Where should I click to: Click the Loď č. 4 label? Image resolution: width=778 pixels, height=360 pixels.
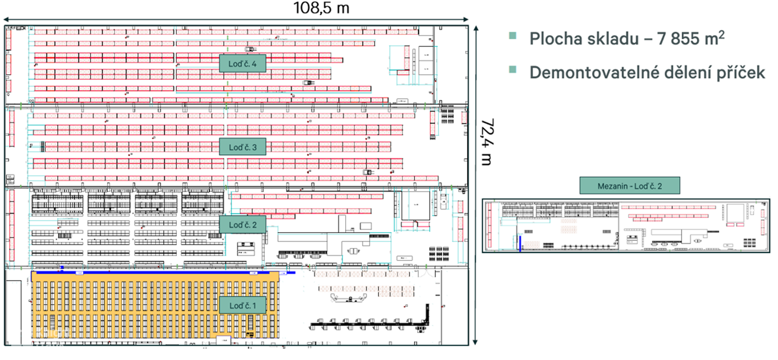pos(242,63)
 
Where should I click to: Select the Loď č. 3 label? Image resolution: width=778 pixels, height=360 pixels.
pos(243,147)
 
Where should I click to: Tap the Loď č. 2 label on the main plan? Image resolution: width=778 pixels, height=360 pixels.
pos(243,225)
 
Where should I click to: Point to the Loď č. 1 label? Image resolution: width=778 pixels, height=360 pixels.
pos(243,306)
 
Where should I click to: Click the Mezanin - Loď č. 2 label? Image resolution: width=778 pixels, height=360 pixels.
pos(630,186)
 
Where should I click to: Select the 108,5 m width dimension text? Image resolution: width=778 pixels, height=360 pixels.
pos(321,8)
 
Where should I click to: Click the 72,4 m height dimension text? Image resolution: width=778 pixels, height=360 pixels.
pos(487,142)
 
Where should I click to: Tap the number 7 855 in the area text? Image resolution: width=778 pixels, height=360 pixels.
pos(678,39)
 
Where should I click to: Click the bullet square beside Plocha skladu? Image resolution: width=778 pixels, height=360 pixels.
pos(513,36)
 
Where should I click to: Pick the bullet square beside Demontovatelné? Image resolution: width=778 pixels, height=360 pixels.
pos(513,69)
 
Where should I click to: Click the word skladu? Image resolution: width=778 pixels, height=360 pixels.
pos(613,39)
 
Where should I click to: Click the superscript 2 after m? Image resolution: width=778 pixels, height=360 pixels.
pos(721,34)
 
